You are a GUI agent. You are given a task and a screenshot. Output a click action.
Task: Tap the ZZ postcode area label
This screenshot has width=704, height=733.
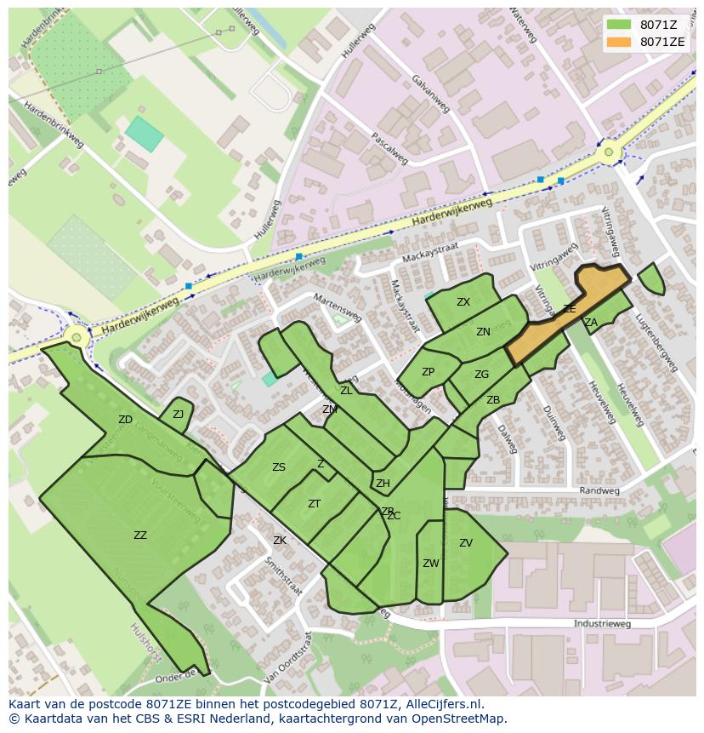point(140,535)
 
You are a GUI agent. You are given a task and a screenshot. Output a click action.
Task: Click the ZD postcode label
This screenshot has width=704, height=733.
point(125,420)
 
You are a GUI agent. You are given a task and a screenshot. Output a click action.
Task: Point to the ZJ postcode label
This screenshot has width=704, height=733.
point(178,415)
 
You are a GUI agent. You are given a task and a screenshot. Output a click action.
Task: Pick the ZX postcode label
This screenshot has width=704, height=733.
point(463,302)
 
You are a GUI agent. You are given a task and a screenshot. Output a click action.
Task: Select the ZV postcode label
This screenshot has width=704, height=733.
point(465,543)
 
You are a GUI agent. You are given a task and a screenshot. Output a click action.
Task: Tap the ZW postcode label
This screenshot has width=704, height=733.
point(430,564)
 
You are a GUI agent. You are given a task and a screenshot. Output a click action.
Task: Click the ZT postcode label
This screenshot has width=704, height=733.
point(314,504)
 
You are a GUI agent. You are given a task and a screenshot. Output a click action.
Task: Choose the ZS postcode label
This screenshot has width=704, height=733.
point(279,467)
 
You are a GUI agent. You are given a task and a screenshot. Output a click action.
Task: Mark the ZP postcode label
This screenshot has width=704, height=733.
point(428,372)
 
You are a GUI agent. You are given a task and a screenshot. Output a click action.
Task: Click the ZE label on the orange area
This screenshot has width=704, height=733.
point(569,309)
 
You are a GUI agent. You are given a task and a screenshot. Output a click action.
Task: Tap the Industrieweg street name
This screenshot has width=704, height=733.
point(602,624)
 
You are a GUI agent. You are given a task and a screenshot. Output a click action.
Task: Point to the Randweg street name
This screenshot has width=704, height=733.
point(599,491)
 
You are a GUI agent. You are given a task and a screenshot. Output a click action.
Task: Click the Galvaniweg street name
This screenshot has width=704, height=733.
point(430,92)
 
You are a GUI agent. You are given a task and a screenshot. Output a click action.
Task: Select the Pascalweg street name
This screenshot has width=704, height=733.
point(390,148)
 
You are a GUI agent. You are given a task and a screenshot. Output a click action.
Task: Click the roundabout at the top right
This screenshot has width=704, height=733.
point(609,153)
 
